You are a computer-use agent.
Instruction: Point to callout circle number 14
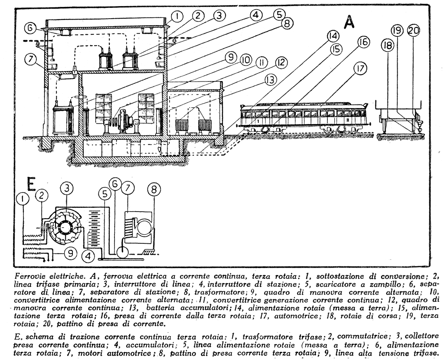pos(333,36)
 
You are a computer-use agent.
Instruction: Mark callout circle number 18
pos(388,45)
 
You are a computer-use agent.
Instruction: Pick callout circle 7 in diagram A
pos(30,59)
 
